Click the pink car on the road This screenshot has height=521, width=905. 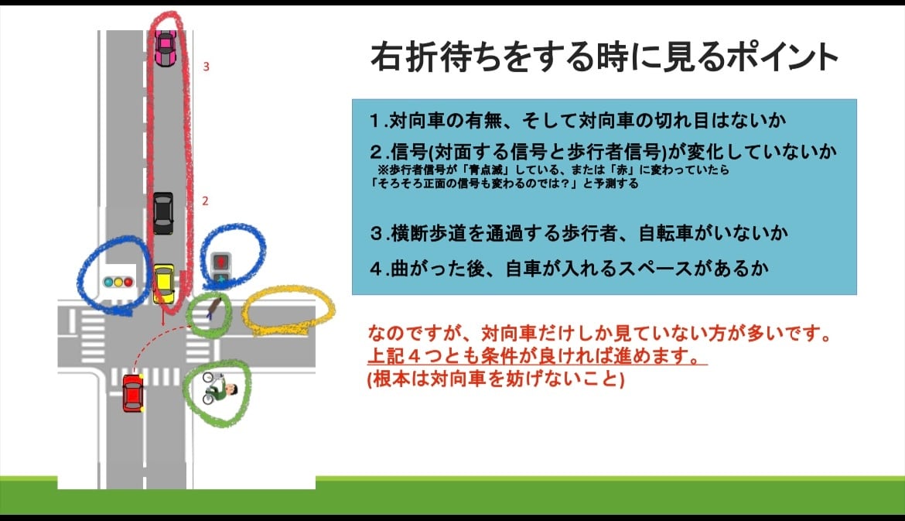(165, 49)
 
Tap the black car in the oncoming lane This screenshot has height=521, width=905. (163, 213)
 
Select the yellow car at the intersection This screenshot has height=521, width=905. (164, 283)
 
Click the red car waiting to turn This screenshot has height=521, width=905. (133, 392)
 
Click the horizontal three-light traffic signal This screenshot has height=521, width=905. (118, 282)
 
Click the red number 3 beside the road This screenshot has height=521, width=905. (206, 67)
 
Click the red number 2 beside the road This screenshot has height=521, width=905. (205, 201)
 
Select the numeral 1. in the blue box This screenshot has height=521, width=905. (377, 120)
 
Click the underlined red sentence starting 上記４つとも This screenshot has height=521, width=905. (538, 356)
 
